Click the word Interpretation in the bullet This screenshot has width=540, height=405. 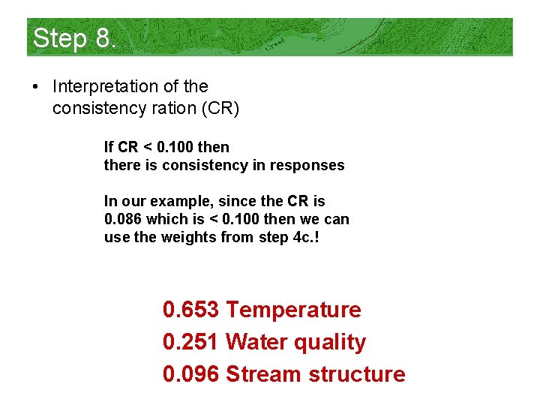point(99,87)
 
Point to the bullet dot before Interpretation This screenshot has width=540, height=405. point(35,88)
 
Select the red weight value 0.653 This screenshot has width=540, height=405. point(190,310)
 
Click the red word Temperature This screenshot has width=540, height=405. point(293,310)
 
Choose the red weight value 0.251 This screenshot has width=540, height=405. point(190,342)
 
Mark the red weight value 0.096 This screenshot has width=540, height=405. point(190,373)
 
